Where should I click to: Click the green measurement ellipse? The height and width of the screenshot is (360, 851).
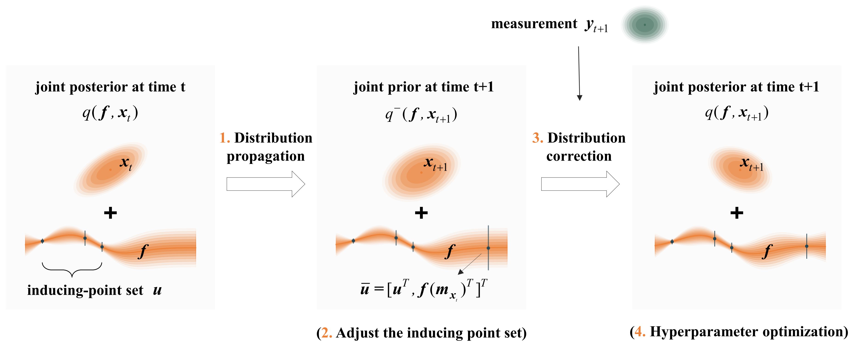coord(644,25)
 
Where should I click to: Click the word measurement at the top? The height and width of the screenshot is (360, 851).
coord(534,24)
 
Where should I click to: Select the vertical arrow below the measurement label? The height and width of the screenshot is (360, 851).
coord(579,73)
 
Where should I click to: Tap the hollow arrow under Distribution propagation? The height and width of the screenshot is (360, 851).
coord(265,184)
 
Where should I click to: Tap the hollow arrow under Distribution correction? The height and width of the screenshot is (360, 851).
coord(580,184)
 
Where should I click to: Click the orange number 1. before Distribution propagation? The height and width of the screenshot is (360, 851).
coord(225,138)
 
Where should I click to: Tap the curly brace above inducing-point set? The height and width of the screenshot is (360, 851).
coord(72,269)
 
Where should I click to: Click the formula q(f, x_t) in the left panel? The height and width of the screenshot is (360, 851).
coord(110,113)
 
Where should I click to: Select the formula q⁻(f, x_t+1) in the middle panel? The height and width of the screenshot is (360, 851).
coord(421,115)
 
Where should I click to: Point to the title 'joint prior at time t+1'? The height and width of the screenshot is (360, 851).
coord(423,87)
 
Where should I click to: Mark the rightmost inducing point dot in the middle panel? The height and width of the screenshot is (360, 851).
coord(488,248)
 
